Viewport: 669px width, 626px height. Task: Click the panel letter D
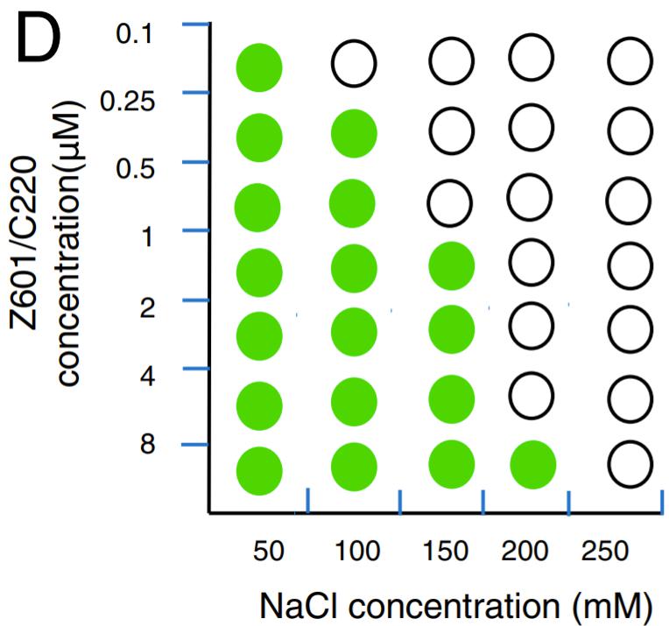click(39, 39)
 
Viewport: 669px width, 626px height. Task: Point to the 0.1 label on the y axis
click(134, 34)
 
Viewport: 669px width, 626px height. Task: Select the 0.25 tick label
click(127, 102)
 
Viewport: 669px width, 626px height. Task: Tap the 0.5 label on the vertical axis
click(135, 169)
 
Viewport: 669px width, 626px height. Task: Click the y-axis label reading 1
click(148, 236)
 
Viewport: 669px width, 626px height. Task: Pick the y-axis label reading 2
click(147, 307)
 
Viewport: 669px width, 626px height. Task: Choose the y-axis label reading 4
click(147, 376)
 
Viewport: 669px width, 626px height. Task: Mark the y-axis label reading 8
click(147, 444)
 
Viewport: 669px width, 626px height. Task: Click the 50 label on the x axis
click(268, 551)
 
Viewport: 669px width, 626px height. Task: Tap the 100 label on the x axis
click(357, 551)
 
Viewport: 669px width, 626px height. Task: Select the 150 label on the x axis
click(445, 551)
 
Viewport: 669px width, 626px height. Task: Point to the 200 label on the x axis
click(525, 551)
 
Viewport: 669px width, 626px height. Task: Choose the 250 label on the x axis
click(604, 551)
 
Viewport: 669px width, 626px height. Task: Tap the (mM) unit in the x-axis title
click(613, 607)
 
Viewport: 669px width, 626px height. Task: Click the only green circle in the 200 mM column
click(533, 465)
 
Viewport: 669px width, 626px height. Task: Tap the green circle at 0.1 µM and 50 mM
click(259, 67)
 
